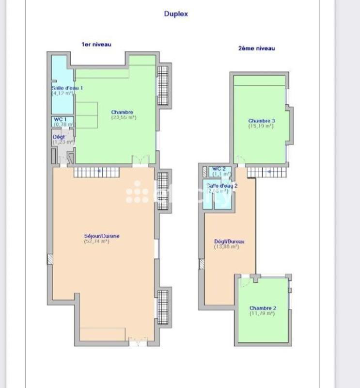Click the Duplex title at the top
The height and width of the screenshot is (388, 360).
pos(176,14)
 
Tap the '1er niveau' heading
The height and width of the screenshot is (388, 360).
pos(96,44)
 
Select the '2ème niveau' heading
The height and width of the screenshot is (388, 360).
pos(256,48)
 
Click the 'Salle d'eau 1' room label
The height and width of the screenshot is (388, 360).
pos(67,88)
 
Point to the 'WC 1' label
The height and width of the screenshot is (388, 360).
pos(60,119)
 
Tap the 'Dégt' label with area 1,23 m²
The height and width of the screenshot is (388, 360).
pos(59,137)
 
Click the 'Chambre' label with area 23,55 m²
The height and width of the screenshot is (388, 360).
pos(122,112)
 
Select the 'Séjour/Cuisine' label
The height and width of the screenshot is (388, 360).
pos(102,236)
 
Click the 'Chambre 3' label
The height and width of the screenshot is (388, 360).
pos(262,121)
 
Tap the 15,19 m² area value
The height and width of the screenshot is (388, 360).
pos(261,126)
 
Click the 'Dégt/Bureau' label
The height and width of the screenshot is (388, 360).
pos(229,242)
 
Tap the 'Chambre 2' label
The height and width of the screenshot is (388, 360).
pos(263,308)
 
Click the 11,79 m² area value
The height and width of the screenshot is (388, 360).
pos(262,313)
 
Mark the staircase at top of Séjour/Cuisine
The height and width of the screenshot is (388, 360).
pos(96,171)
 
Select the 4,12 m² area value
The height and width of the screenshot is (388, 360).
pos(62,93)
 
